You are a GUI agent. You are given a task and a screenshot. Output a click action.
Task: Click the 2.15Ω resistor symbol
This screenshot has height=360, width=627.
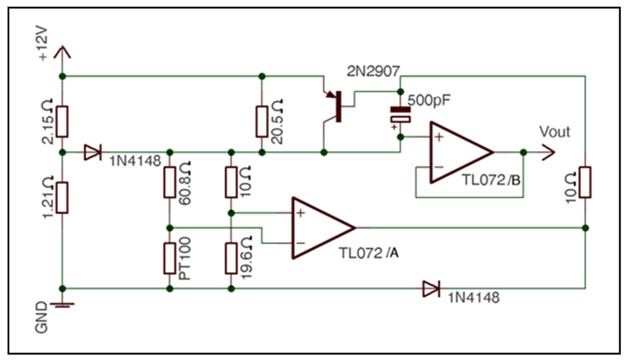pos(62,121)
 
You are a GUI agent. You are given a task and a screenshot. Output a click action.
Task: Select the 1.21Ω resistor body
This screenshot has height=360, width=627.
pos(62,197)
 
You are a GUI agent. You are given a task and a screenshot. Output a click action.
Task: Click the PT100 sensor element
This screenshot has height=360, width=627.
pos(169,258)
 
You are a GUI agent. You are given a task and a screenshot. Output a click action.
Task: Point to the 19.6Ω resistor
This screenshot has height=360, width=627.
pos(231,258)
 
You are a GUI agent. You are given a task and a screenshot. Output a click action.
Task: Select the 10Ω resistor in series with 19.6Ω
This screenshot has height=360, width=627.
pos(231,183)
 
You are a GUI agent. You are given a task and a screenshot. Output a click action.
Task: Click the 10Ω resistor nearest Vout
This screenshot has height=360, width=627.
pos(584,182)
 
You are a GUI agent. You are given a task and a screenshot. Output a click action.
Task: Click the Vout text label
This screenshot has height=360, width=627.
pos(554,132)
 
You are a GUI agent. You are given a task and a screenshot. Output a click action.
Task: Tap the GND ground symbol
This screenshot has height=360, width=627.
pos(62,305)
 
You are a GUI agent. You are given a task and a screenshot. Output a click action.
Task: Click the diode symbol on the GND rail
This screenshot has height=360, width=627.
pos(431,289)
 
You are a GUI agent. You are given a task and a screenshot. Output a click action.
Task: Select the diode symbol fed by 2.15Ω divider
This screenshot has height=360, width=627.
pos(93,152)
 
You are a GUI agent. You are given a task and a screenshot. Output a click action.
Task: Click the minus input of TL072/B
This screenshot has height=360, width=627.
pos(439,167)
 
